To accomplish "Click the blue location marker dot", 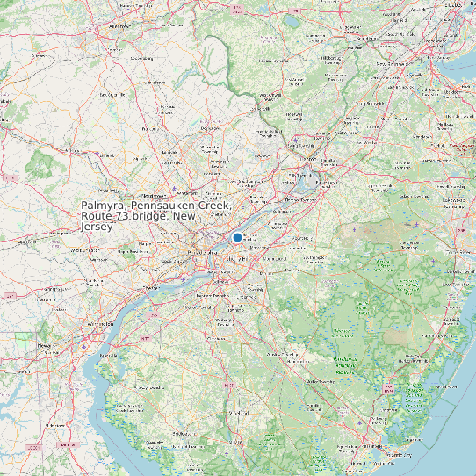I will coord(237,237).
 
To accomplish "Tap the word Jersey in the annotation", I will coord(97,227).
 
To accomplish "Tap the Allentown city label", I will coord(116,27).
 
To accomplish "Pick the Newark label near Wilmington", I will coord(44,346).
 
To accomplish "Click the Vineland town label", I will coord(238,412).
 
